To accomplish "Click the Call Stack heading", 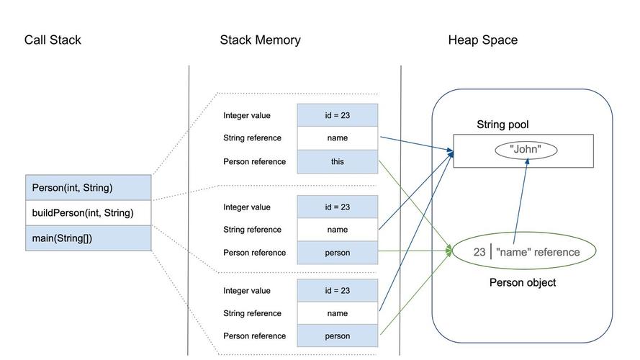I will pos(53,40).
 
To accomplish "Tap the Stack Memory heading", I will pos(260,40).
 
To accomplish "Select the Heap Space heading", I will pos(482,40).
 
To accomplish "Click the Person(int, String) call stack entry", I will pos(89,188).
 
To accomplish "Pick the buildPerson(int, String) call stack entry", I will pos(89,213).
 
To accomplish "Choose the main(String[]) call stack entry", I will pos(89,238).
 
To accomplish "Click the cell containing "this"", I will pos(337,162).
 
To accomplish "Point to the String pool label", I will pos(502,125).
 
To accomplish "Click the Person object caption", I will pos(522,283).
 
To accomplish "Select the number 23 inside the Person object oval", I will pos(479,252).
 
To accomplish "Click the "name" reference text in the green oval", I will pos(538,252).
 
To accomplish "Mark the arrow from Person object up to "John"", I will pos(521,202).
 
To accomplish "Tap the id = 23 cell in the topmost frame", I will pos(337,115).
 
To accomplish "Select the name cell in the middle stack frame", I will pos(337,230).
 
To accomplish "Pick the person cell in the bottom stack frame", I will pos(337,336).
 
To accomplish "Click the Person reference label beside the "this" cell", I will pos(254,162).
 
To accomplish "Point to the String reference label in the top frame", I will pos(252,138).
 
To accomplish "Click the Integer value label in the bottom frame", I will pos(247,291).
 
